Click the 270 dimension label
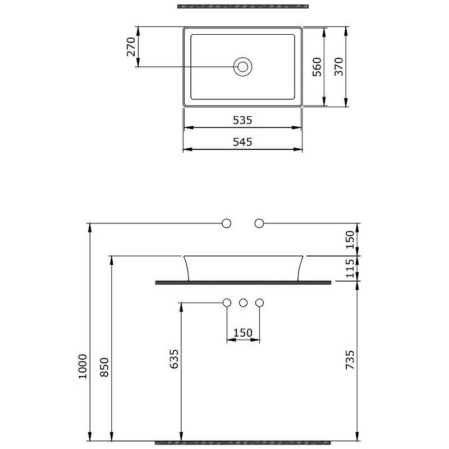pos(131,47)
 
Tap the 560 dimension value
pos(317,67)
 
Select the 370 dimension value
pos(339,67)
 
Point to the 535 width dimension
pos(242,120)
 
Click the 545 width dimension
pos(242,142)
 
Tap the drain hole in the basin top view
pos(243,67)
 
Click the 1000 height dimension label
pos(83,366)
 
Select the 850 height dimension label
pos(104,368)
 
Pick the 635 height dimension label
pos(174,359)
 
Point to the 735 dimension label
pos(350,360)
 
